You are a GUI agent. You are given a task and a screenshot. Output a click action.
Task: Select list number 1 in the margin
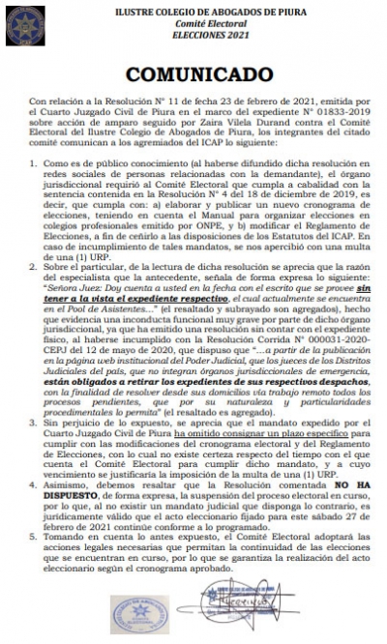35,166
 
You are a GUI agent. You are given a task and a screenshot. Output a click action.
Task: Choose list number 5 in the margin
35,532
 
